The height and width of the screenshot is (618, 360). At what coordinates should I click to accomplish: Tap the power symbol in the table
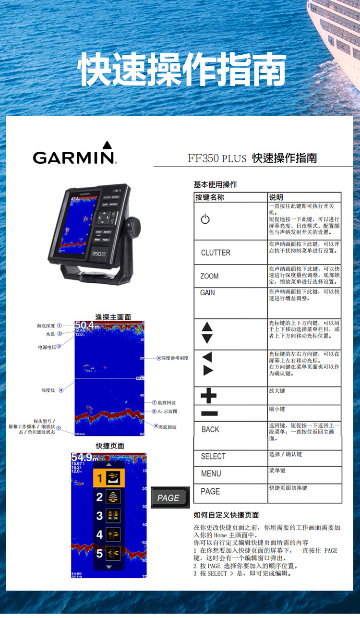pos(205,219)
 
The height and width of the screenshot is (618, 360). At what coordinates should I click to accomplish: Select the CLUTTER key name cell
pos(216,253)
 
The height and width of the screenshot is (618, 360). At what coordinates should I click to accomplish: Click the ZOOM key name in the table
pos(209,276)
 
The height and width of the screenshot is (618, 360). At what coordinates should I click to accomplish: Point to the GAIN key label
pos(207,292)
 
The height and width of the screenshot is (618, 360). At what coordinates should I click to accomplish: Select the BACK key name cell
pos(210,429)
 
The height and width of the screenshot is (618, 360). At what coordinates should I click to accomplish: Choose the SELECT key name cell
pos(213,456)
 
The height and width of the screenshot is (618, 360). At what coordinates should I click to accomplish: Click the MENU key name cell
pos(211,473)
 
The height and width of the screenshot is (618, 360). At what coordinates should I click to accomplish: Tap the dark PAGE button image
pos(168,498)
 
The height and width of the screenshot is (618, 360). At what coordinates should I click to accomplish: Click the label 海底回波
pos(167,426)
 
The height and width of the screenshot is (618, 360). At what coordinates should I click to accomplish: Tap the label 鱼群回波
pos(167,402)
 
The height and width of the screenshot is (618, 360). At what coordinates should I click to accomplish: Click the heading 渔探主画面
pos(113,317)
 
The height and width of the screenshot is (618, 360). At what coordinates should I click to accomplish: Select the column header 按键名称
pos(210,197)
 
